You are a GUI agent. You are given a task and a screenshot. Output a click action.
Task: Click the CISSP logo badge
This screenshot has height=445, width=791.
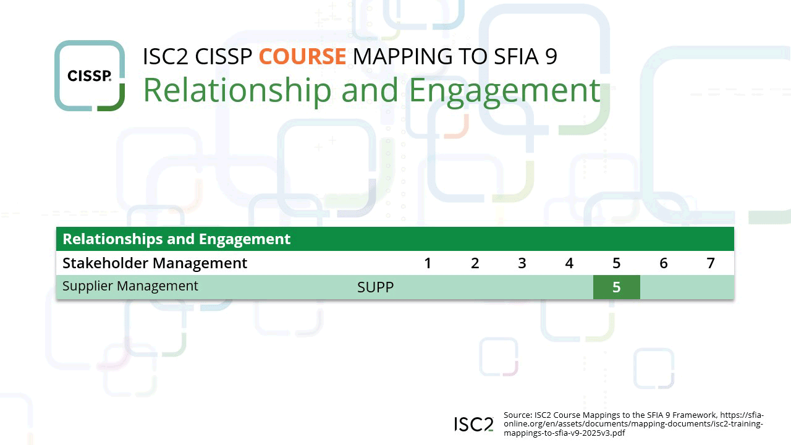90,76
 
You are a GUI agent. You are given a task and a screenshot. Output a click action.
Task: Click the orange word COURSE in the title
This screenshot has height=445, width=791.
302,56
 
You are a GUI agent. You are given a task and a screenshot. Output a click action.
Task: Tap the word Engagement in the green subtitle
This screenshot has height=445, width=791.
504,90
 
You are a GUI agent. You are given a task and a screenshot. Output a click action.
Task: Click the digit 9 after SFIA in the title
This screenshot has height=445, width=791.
551,56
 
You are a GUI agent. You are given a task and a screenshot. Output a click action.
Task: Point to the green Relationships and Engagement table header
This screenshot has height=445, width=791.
177,239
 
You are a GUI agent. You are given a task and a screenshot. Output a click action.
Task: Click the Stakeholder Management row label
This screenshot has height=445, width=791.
155,263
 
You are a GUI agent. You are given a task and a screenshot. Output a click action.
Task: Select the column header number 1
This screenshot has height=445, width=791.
428,263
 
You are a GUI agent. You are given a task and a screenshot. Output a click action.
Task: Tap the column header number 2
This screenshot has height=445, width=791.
475,263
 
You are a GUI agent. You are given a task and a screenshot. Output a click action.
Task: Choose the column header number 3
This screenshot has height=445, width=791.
522,263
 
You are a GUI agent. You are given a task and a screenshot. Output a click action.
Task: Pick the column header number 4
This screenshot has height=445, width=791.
569,263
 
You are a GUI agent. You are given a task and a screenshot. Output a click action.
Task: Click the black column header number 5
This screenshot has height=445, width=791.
616,263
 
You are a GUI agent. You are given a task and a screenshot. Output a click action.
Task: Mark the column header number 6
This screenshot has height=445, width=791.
664,263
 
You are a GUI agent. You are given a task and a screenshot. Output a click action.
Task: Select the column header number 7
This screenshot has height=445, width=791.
711,263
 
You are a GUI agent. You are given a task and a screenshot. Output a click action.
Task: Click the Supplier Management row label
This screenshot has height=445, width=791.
130,286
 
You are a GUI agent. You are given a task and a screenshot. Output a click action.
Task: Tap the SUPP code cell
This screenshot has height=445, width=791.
375,287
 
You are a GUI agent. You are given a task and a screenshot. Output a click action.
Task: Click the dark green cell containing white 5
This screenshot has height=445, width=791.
616,287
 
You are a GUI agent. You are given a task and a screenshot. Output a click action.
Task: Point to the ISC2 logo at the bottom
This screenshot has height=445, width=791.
474,424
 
